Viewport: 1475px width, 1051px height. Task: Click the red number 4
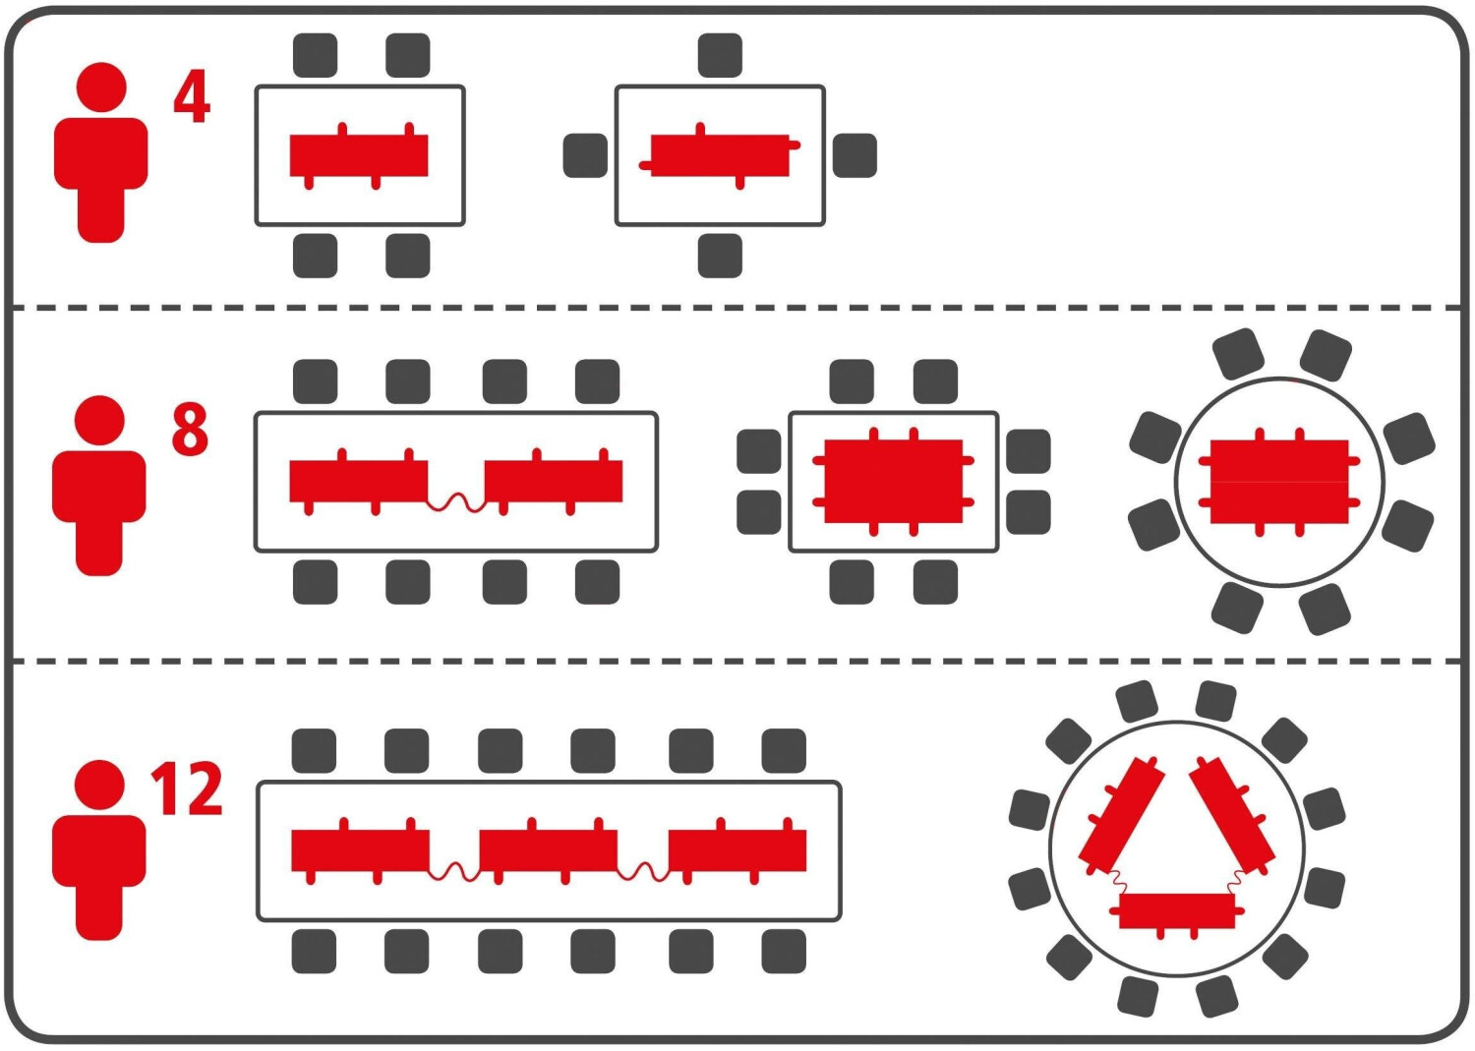193,97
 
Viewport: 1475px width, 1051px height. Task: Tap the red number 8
190,429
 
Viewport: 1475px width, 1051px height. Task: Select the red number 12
187,788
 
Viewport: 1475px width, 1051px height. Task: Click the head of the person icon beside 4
100,88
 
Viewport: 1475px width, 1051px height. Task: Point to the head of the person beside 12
99,785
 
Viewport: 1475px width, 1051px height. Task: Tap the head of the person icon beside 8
99,421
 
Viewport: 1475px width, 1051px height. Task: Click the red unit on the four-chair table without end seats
359,155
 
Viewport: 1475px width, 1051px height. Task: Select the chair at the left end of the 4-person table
585,155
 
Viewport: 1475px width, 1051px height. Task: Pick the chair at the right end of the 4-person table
855,155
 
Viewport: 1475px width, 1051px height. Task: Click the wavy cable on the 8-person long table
456,502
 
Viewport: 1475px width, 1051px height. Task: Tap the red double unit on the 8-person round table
1279,481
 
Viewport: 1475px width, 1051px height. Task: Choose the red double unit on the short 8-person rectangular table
893,481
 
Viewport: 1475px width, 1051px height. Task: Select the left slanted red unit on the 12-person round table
1122,814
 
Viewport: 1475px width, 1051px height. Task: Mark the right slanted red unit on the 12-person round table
1232,814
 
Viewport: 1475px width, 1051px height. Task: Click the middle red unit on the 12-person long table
548,850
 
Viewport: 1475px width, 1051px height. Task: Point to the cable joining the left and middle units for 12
454,871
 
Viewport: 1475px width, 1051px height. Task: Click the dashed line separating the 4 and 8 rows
737,308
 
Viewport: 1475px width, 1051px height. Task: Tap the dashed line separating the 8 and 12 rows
737,662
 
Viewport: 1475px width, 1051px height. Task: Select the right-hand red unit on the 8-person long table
554,481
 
